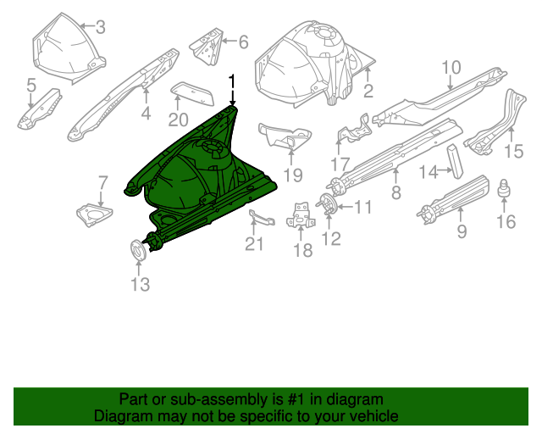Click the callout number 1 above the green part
[x=231, y=81]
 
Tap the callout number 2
[x=368, y=92]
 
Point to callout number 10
[x=451, y=67]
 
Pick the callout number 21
[x=255, y=245]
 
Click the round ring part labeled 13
[x=137, y=248]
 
